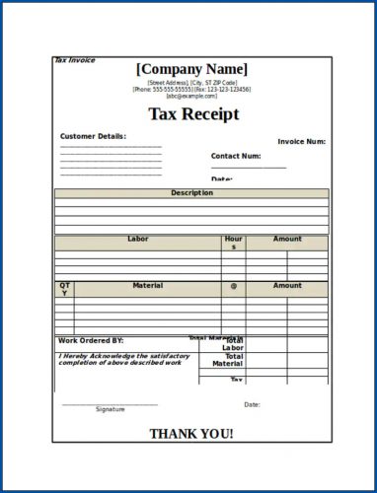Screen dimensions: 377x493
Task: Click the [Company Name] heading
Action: (x=192, y=69)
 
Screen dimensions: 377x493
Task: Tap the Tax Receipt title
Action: (x=193, y=114)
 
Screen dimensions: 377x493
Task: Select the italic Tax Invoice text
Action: (x=75, y=60)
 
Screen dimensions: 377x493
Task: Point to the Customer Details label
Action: (x=93, y=136)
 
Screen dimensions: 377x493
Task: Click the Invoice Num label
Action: (x=301, y=142)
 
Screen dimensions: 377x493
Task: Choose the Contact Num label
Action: (x=236, y=156)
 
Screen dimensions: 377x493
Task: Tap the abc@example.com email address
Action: (x=191, y=97)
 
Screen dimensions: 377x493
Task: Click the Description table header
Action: (x=191, y=193)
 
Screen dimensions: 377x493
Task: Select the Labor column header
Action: (x=137, y=239)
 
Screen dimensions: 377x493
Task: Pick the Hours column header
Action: (x=234, y=243)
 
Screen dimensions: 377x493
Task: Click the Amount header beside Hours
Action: (x=287, y=239)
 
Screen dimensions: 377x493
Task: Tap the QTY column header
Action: (x=64, y=289)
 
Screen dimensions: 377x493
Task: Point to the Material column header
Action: (x=147, y=286)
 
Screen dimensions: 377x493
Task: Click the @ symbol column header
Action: (x=234, y=286)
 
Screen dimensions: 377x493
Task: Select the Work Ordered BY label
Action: (x=91, y=341)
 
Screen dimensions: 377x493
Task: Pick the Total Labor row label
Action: (x=233, y=345)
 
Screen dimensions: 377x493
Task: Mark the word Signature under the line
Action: (x=111, y=409)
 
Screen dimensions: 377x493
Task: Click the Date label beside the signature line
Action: (x=252, y=404)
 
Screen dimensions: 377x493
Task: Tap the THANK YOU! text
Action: (x=191, y=434)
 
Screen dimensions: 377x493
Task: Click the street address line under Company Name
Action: (x=192, y=83)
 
